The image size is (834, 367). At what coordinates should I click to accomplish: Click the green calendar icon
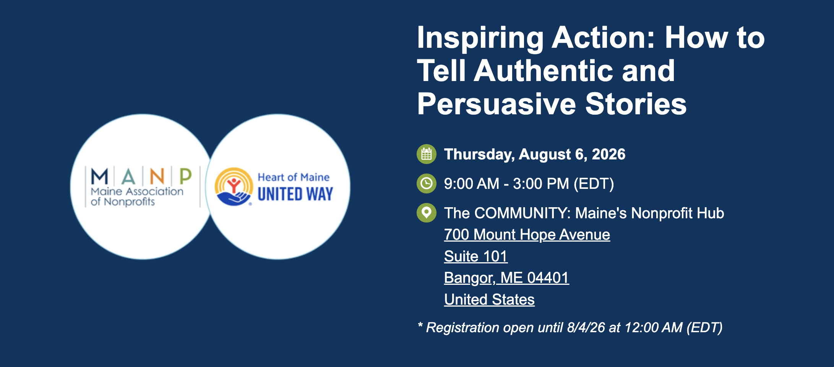pos(426,154)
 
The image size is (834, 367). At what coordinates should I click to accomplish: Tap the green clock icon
pos(426,183)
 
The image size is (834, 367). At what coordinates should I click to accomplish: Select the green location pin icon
pos(426,213)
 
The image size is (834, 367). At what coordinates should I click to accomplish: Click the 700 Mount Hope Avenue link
pos(527,235)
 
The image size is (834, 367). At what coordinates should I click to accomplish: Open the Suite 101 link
pos(476,257)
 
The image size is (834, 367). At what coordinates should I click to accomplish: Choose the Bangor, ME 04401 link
pos(506,278)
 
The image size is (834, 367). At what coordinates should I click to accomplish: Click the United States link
pos(489,300)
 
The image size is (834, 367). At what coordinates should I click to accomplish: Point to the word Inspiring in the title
pos(480,38)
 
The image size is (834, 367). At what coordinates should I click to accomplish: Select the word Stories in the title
pos(636,104)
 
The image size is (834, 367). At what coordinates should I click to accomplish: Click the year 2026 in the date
pos(608,154)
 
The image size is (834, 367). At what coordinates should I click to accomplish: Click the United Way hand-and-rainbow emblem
pos(234,187)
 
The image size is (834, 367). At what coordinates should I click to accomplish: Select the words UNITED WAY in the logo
pos(295,194)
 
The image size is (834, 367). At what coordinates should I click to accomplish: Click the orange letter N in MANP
pos(157,177)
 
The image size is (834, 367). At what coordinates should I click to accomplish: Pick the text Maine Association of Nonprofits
pos(137,196)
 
